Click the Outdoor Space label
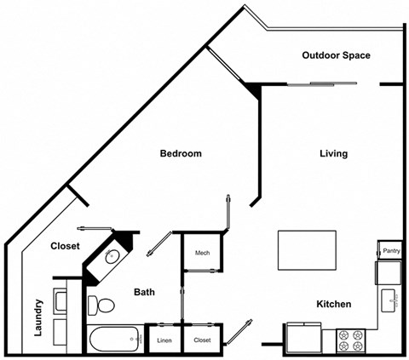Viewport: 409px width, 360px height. [x=336, y=55]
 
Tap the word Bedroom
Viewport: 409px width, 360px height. [x=181, y=154]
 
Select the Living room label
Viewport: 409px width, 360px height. [x=333, y=154]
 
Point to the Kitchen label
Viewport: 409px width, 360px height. [x=334, y=304]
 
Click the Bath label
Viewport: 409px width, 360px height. [x=144, y=293]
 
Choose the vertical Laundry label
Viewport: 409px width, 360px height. [x=39, y=317]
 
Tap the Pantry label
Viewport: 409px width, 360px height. [x=391, y=251]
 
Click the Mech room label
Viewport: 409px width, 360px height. [x=202, y=253]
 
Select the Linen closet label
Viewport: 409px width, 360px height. [x=164, y=340]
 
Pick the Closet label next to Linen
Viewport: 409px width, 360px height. [x=202, y=340]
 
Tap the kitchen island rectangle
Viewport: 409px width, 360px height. [x=308, y=249]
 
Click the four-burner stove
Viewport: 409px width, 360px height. [x=351, y=340]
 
